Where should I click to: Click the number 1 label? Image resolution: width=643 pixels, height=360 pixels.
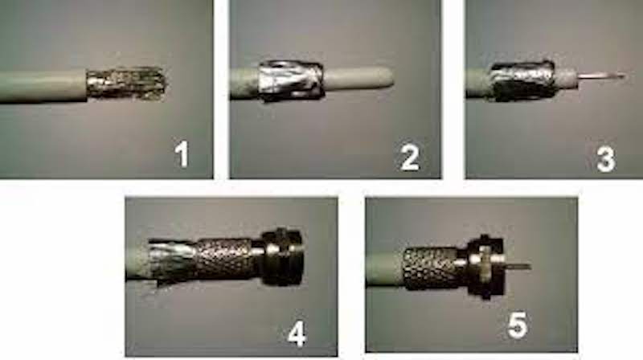[x=182, y=153]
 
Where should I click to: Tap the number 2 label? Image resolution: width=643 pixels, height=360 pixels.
[x=410, y=157]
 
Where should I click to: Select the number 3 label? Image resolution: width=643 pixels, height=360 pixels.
[x=606, y=159]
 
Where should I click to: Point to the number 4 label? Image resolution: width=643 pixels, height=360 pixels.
[x=297, y=333]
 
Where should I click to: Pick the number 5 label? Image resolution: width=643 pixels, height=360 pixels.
[x=517, y=325]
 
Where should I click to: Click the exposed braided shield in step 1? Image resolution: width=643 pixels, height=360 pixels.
[x=127, y=84]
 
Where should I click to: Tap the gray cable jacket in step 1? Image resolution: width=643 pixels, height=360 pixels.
[x=43, y=87]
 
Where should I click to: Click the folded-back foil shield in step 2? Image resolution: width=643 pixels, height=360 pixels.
[x=289, y=80]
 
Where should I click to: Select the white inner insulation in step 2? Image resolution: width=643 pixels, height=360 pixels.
[x=358, y=77]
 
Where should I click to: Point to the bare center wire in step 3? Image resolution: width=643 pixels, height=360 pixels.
[x=602, y=76]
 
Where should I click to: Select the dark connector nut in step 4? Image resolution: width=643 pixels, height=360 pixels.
[x=282, y=257]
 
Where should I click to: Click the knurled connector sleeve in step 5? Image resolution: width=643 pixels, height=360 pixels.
[x=430, y=268]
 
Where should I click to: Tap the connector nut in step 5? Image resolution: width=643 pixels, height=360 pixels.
[x=486, y=267]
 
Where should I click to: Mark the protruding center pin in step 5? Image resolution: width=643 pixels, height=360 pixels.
[x=518, y=267]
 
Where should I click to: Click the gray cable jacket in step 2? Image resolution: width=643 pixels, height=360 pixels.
[x=245, y=84]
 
